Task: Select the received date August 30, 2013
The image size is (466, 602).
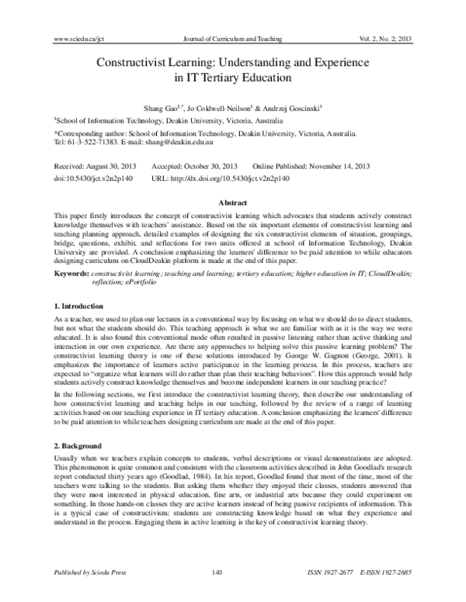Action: tap(109, 166)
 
